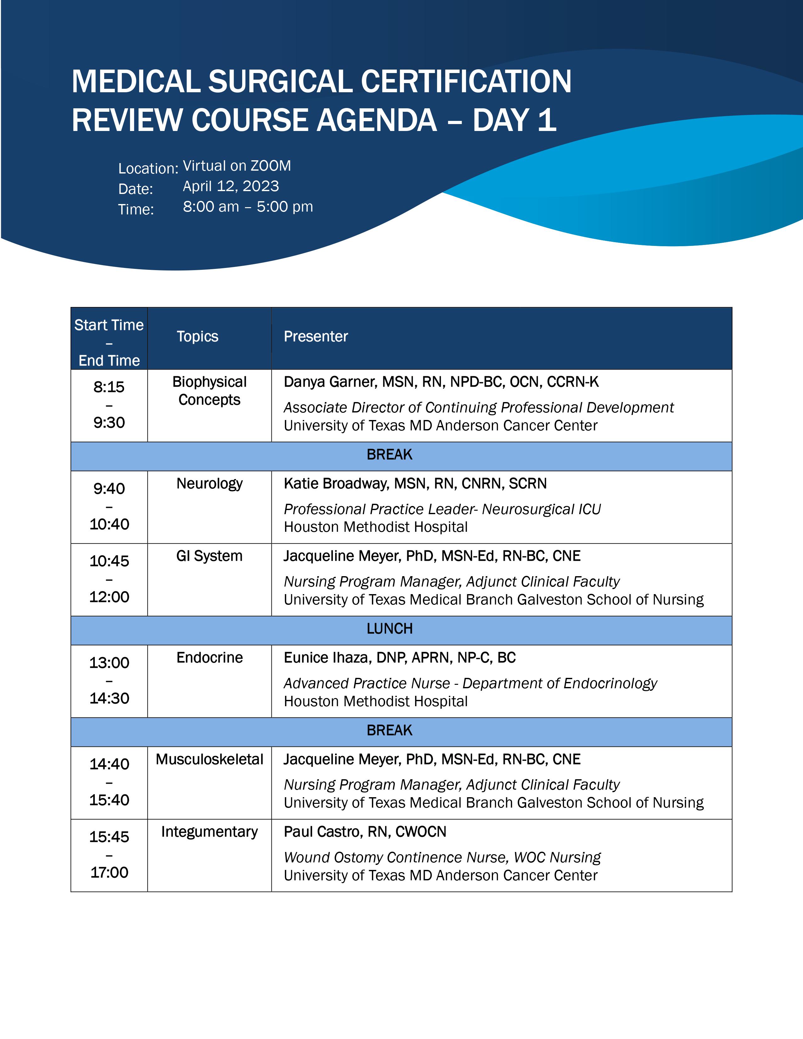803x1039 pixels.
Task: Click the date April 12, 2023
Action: point(231,186)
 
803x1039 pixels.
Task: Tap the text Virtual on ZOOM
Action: point(237,166)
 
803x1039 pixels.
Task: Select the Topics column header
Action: point(197,336)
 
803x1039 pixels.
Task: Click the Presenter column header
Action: point(316,336)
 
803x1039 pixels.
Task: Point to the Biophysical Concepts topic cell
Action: point(209,391)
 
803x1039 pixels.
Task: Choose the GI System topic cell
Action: point(209,556)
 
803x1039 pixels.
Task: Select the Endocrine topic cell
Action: point(209,657)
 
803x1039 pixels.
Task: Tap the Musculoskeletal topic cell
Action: point(209,759)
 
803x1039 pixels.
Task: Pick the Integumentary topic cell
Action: point(209,832)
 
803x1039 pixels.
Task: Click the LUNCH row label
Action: point(390,629)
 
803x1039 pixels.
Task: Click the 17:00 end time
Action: point(109,872)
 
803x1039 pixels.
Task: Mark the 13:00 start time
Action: point(109,663)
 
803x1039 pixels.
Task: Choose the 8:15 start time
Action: point(109,387)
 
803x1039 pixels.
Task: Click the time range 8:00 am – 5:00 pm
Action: point(248,207)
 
